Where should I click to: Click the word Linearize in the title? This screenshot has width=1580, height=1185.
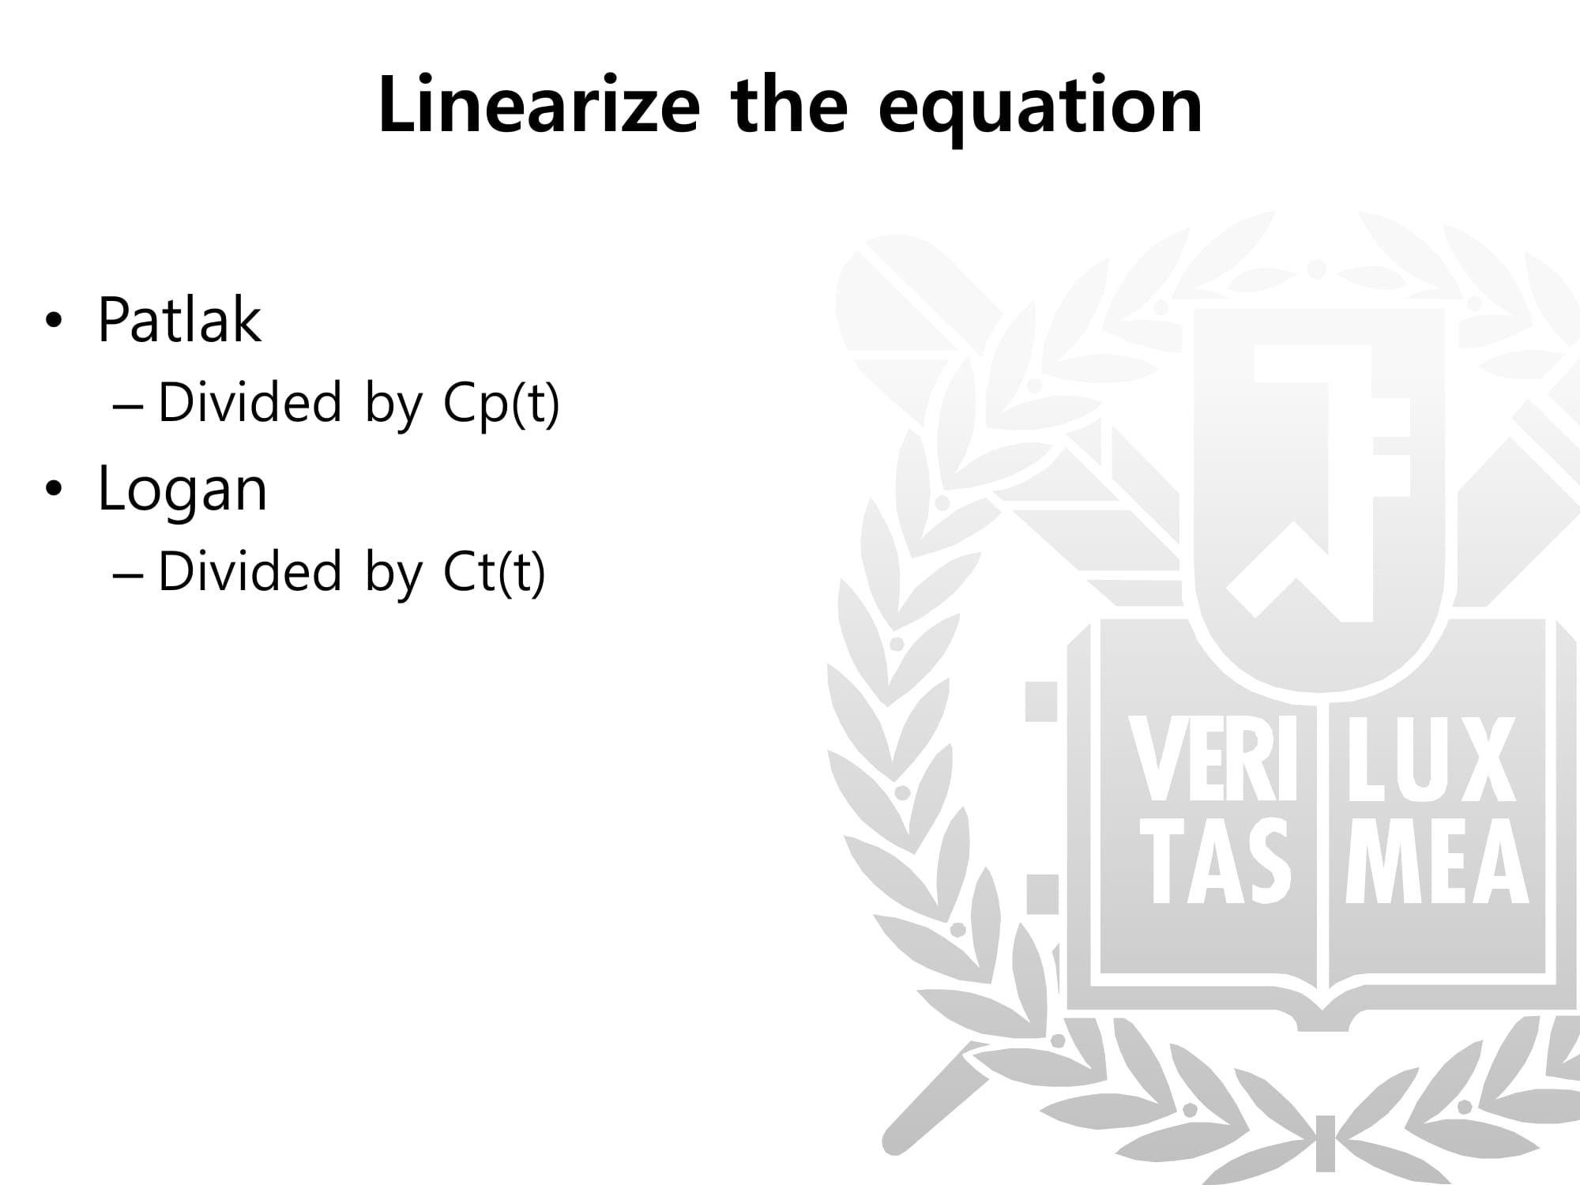point(539,104)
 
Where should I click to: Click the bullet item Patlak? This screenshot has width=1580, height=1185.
point(179,319)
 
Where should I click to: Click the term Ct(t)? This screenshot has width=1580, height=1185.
point(495,572)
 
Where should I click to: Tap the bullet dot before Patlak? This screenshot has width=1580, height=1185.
point(53,322)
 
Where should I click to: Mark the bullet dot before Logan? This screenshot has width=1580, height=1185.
point(53,490)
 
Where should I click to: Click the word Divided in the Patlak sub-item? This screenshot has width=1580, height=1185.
point(250,401)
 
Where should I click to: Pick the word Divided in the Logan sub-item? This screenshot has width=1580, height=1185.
point(250,570)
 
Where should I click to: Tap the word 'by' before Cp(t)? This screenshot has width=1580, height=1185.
point(394,404)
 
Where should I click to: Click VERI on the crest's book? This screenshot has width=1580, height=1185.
point(1213,759)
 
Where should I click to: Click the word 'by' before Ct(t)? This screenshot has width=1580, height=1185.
point(394,573)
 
